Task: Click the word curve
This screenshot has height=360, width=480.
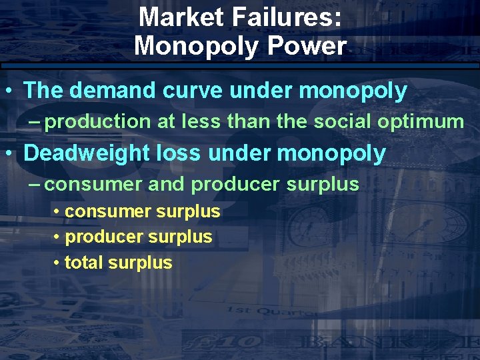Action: tap(194, 91)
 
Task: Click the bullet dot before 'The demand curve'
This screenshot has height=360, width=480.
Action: tap(9, 91)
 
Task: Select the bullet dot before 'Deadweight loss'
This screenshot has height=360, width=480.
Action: tap(9, 153)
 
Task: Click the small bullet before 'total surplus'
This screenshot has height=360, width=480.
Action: tap(58, 263)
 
